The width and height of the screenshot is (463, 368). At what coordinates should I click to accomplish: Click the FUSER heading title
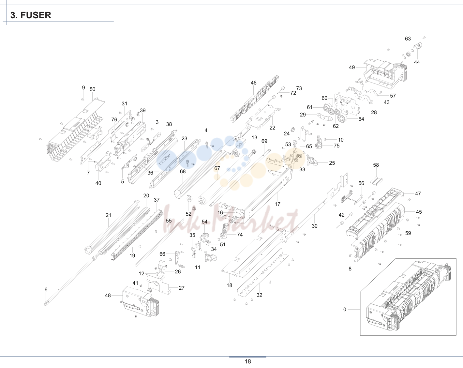click(x=31, y=15)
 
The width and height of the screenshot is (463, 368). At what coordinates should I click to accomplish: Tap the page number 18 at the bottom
click(x=247, y=361)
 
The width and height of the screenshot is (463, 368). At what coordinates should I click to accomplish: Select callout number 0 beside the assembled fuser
click(x=345, y=309)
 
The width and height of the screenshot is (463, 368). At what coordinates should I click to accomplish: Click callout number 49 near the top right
click(x=352, y=68)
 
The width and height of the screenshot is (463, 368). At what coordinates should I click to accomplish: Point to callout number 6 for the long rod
click(x=46, y=289)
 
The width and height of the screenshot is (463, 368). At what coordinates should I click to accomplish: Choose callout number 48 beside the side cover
click(x=108, y=296)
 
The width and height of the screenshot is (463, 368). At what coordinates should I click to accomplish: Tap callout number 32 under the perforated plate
click(x=259, y=295)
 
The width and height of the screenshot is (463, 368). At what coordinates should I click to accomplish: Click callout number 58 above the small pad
click(x=376, y=165)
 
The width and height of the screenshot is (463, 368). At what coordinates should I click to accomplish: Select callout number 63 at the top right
click(x=408, y=39)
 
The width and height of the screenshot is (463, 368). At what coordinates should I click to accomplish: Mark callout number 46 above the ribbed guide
click(x=253, y=83)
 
